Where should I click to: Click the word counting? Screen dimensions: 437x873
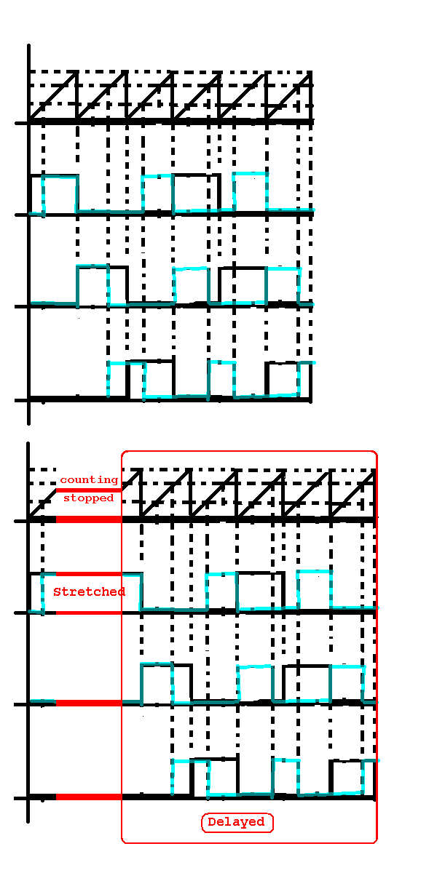[x=89, y=480]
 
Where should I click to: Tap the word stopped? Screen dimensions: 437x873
[x=89, y=498]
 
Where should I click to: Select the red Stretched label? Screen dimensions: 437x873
[x=90, y=591]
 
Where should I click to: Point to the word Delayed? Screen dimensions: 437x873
[x=236, y=822]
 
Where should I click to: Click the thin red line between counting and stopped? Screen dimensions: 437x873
[x=89, y=490]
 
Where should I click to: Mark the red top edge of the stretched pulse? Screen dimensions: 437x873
[x=89, y=574]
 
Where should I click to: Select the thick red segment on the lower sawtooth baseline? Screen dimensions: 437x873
[x=89, y=519]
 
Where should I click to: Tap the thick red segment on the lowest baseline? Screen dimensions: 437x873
[x=89, y=797]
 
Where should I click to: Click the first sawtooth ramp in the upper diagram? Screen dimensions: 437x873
[x=54, y=95]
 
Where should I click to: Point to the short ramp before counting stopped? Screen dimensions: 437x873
[x=43, y=505]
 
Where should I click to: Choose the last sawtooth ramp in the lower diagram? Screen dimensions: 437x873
[x=353, y=493]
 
